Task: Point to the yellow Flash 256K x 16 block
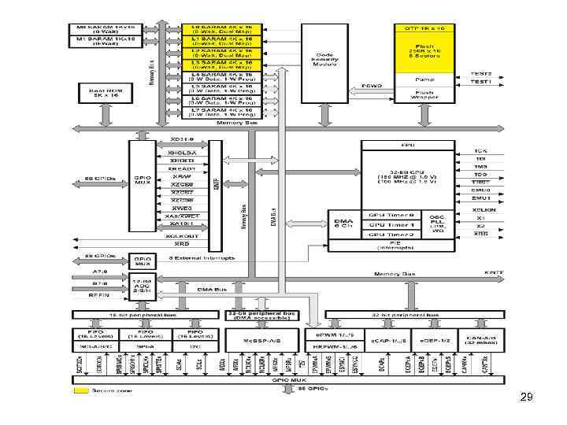tap(426, 54)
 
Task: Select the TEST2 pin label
tap(482, 73)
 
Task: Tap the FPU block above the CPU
tap(409, 146)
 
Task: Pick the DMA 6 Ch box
tap(343, 225)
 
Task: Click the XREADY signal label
tap(183, 169)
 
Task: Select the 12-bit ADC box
tap(143, 286)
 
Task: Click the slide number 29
tap(527, 398)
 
